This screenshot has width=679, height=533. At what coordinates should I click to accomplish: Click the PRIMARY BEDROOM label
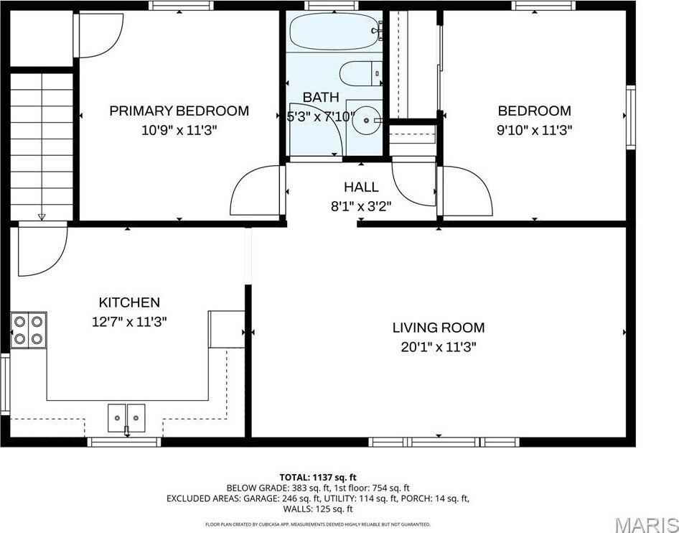pyautogui.click(x=179, y=111)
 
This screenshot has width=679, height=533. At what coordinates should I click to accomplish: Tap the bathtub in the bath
pyautogui.click(x=334, y=31)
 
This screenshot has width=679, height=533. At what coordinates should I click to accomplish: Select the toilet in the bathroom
pyautogui.click(x=360, y=73)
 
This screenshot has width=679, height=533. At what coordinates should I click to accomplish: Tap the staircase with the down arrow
pyautogui.click(x=42, y=144)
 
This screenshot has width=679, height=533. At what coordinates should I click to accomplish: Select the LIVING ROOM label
pyautogui.click(x=438, y=328)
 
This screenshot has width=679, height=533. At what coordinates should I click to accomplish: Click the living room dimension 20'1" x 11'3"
pyautogui.click(x=438, y=346)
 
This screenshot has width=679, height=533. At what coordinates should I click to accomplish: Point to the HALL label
pyautogui.click(x=361, y=187)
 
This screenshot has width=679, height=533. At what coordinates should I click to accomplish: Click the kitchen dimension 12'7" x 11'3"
pyautogui.click(x=129, y=322)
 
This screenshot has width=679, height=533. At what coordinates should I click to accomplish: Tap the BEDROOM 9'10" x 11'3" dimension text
pyautogui.click(x=535, y=130)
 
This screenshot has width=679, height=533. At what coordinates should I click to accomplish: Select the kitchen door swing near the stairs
pyautogui.click(x=42, y=249)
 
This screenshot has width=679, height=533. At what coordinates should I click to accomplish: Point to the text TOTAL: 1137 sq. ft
pyautogui.click(x=317, y=477)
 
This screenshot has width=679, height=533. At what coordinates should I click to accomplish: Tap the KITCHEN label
pyautogui.click(x=129, y=302)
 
